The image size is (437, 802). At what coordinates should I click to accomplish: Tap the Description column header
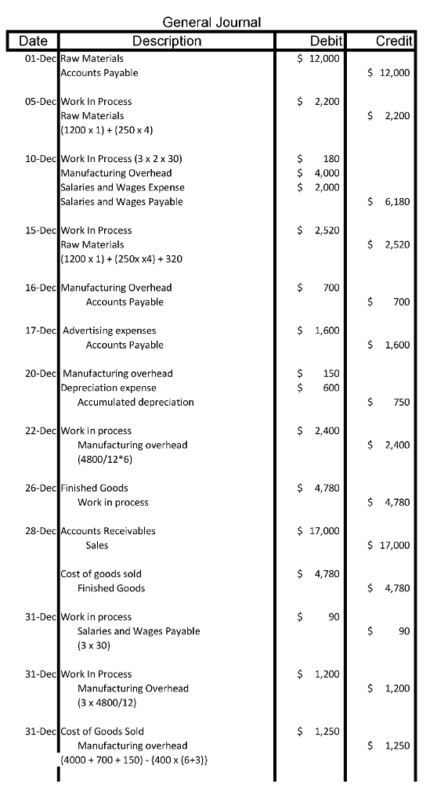coord(167,41)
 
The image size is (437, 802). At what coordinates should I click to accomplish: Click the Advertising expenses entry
coord(109,331)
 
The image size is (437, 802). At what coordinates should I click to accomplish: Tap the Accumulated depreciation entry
coord(135,402)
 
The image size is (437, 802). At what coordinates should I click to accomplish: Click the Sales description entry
coord(97,545)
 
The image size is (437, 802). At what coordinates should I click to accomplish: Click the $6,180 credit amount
coord(388,202)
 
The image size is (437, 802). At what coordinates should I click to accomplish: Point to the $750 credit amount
coord(388,403)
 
